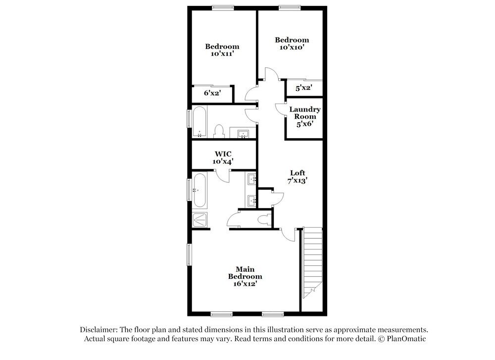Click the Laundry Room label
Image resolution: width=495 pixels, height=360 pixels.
304,116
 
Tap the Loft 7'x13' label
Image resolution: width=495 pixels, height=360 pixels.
297,177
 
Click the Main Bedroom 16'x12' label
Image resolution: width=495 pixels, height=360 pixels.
245,276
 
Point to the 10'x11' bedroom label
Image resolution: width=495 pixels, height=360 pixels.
222,50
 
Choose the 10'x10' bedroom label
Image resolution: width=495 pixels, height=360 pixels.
292,44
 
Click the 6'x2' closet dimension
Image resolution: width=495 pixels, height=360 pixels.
212,93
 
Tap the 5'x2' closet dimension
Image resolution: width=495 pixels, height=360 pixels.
302,88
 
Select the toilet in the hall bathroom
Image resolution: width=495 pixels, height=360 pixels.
219,131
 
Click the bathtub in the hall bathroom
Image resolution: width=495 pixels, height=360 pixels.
199,122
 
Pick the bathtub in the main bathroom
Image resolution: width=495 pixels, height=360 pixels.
199,190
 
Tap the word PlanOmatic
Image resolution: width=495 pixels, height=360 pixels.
405,339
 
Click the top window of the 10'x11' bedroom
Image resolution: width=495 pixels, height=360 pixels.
223,7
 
